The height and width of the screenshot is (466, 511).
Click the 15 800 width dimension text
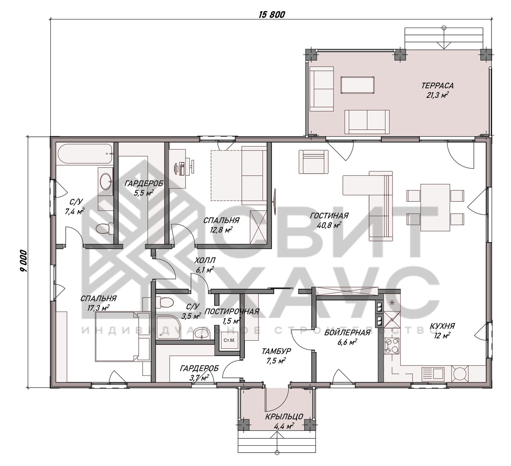(x=272, y=14)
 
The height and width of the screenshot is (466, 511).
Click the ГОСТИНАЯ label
(x=329, y=216)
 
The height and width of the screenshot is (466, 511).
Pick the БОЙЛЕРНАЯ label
(x=347, y=333)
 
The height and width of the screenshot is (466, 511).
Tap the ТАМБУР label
(x=276, y=351)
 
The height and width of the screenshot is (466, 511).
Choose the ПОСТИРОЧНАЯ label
(x=232, y=311)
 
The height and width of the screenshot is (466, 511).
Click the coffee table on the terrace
(x=357, y=85)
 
